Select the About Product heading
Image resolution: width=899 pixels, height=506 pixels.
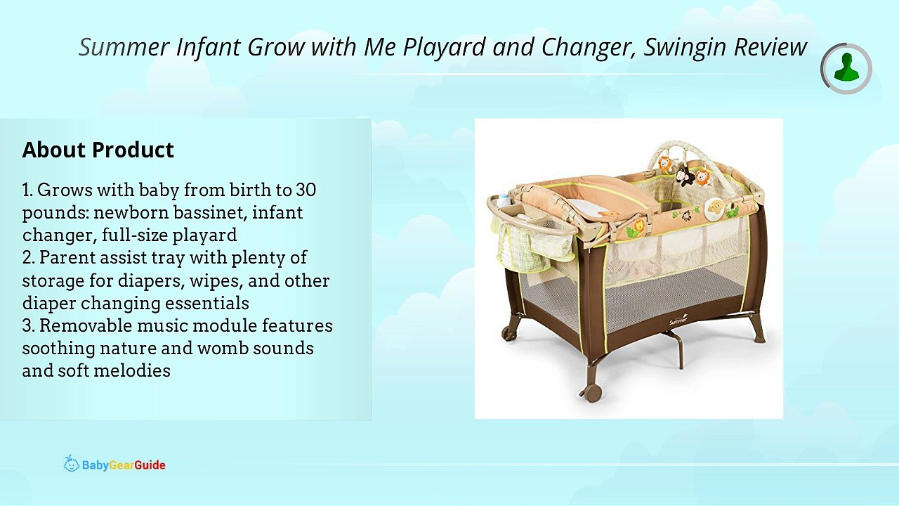(98, 150)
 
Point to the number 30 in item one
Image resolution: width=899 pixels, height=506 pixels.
(306, 190)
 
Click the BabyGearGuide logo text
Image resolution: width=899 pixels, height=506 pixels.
(124, 465)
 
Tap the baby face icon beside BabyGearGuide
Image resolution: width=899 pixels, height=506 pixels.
(71, 463)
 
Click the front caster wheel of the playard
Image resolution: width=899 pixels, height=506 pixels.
(592, 392)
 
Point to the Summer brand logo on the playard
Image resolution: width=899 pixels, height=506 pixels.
(678, 320)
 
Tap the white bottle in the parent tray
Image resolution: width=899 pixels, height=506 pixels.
(503, 200)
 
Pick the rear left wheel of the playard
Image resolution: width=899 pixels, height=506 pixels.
(509, 333)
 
